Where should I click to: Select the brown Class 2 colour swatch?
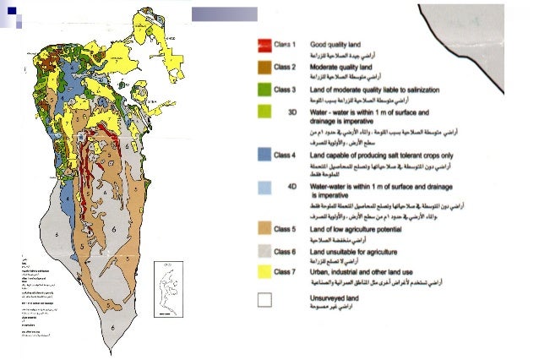(263, 66)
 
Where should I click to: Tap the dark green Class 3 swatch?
(263, 89)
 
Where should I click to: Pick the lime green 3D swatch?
(263, 111)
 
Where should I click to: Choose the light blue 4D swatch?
(263, 187)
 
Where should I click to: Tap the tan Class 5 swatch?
(263, 228)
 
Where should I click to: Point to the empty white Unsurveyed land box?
(264, 298)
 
